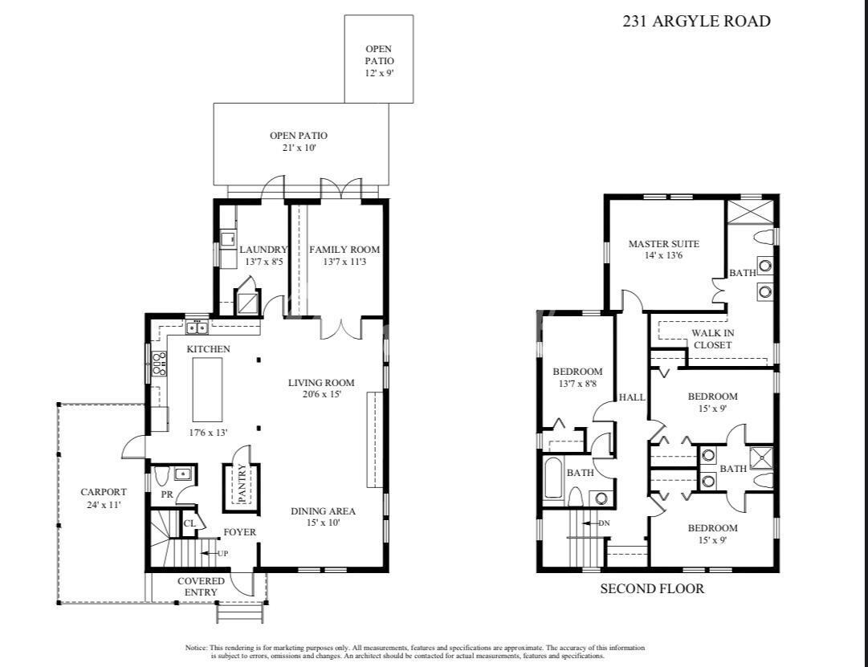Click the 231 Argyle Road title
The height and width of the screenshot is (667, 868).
pos(696,22)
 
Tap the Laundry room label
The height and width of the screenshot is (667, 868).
pos(263,250)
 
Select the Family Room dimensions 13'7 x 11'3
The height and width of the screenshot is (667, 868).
pos(344,262)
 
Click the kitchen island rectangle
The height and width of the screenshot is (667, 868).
pos(208,389)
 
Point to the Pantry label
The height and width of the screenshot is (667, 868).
pos(242,483)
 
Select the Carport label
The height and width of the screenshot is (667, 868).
pos(104,492)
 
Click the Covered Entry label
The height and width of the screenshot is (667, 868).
pos(201,587)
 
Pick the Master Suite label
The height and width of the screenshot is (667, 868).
pos(664,243)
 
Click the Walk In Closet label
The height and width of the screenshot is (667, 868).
pos(712,339)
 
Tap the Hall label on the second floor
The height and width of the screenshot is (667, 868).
pos(632,397)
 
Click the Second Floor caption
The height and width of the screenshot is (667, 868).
pos(652,588)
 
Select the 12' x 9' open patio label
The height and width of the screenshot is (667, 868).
pos(379,72)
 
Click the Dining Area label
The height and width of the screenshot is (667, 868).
pos(324,511)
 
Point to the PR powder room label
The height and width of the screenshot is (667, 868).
pos(167,495)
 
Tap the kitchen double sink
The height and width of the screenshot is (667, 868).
pos(197,327)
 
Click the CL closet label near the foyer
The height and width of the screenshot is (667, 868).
pos(189,523)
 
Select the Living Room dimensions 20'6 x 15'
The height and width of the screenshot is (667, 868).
pos(322,395)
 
